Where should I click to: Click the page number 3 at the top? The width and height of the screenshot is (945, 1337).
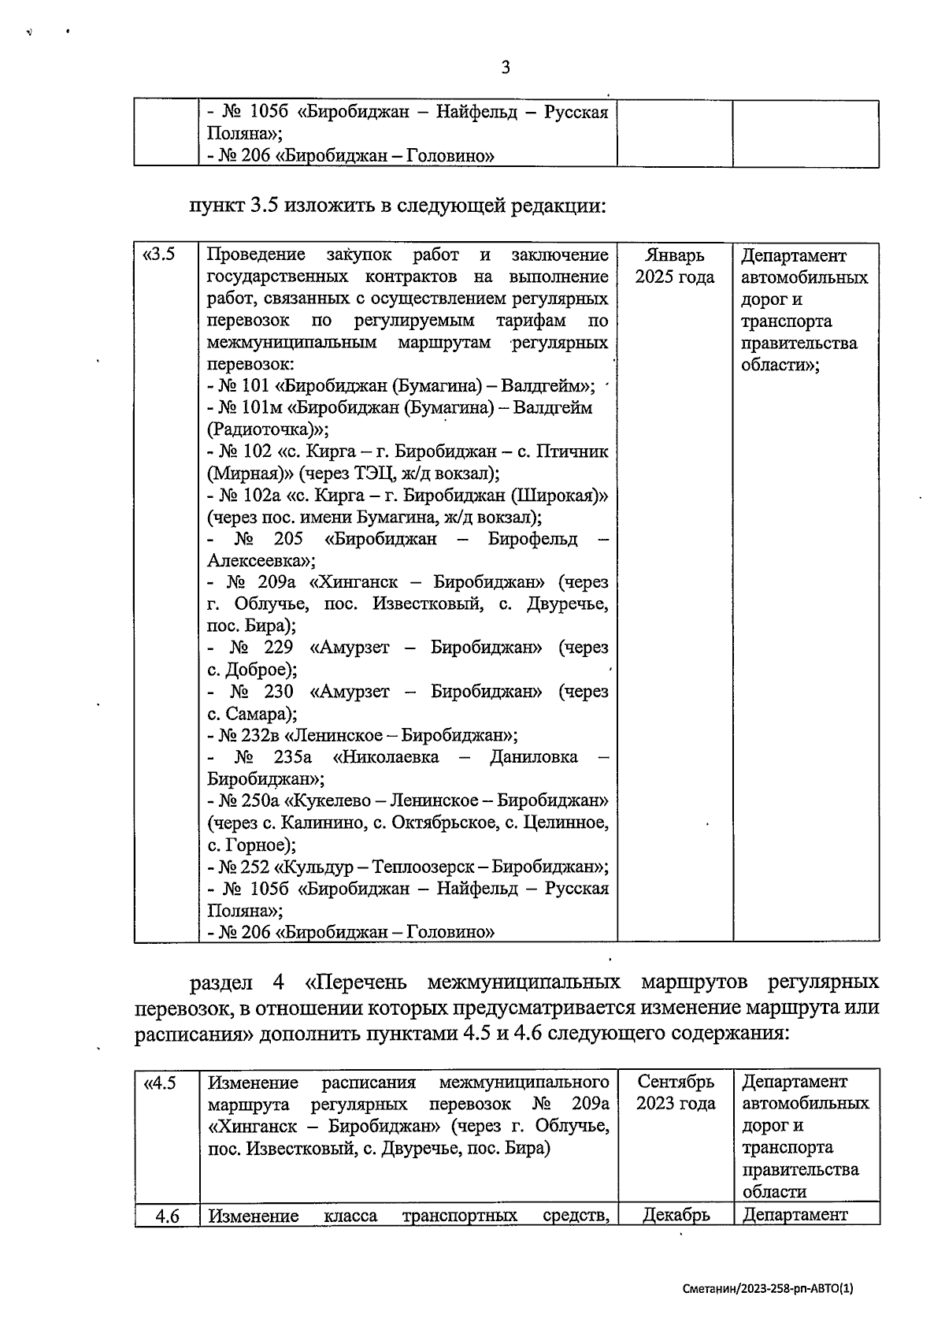[506, 68]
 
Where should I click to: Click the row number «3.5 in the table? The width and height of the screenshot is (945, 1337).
[157, 255]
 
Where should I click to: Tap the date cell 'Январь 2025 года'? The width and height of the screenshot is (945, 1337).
[675, 266]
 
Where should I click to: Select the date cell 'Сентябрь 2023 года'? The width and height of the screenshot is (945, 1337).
[676, 1093]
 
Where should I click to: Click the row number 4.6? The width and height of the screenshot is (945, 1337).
[167, 1216]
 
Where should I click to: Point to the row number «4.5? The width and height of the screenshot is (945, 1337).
[159, 1083]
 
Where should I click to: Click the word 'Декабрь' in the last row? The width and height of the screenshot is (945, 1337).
[676, 1215]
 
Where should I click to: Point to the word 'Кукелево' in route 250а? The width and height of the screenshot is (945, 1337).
[324, 801]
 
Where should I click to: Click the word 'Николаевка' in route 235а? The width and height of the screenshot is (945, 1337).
[387, 758]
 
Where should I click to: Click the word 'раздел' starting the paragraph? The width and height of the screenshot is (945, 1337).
[221, 983]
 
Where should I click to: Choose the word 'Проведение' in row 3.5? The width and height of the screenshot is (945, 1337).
[256, 255]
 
